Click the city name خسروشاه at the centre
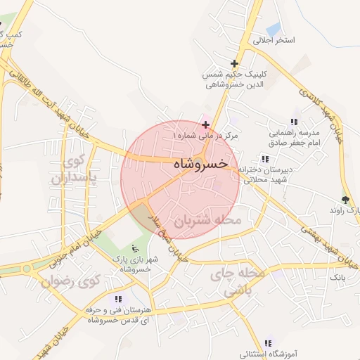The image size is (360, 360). (x=200, y=163)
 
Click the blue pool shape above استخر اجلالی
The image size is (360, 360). (x=273, y=29)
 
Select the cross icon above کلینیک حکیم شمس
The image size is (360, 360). (x=234, y=64)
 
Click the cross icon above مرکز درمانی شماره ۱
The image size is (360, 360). (x=205, y=124)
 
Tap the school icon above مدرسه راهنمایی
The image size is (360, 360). (x=293, y=122)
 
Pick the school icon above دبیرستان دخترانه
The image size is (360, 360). (x=264, y=159)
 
